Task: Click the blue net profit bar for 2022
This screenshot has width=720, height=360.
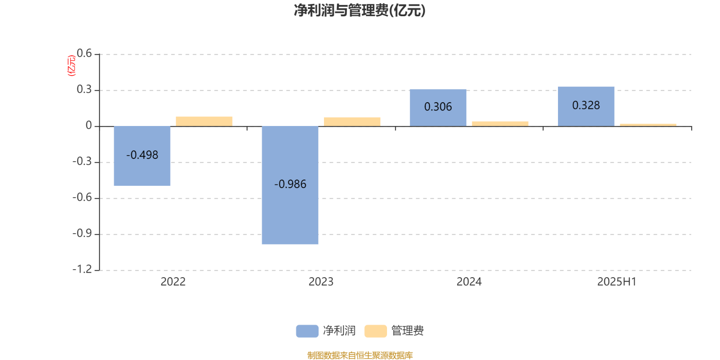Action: pyautogui.click(x=142, y=156)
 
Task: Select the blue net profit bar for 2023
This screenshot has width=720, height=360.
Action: pyautogui.click(x=290, y=185)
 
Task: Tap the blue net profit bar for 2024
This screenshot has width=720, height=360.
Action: pyautogui.click(x=438, y=108)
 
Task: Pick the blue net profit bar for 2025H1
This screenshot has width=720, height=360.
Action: pyautogui.click(x=586, y=106)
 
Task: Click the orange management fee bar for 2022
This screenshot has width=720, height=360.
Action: pyautogui.click(x=204, y=121)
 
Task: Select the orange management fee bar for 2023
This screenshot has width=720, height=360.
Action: pyautogui.click(x=352, y=122)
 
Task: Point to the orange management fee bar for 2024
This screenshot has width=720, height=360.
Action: pyautogui.click(x=500, y=124)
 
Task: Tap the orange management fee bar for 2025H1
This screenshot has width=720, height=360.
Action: pyautogui.click(x=648, y=125)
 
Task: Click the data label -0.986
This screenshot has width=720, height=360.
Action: pyautogui.click(x=290, y=184)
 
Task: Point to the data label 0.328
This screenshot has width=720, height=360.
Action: pyautogui.click(x=586, y=105)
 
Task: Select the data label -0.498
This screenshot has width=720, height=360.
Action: pyautogui.click(x=142, y=155)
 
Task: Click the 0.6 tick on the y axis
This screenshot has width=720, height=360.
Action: pyautogui.click(x=84, y=54)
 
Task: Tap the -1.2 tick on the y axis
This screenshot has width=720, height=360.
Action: pyautogui.click(x=82, y=270)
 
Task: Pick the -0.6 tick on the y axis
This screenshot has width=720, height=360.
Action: pyautogui.click(x=82, y=198)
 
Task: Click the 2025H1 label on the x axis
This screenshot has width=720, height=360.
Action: pyautogui.click(x=617, y=282)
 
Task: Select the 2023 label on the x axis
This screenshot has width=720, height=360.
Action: pyautogui.click(x=321, y=282)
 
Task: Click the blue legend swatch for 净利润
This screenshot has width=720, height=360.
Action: pyautogui.click(x=307, y=331)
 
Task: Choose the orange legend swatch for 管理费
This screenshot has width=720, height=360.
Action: pyautogui.click(x=375, y=331)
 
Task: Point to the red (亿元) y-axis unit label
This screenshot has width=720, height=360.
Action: pyautogui.click(x=72, y=66)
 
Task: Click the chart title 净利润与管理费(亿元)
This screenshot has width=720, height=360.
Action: pyautogui.click(x=360, y=10)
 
